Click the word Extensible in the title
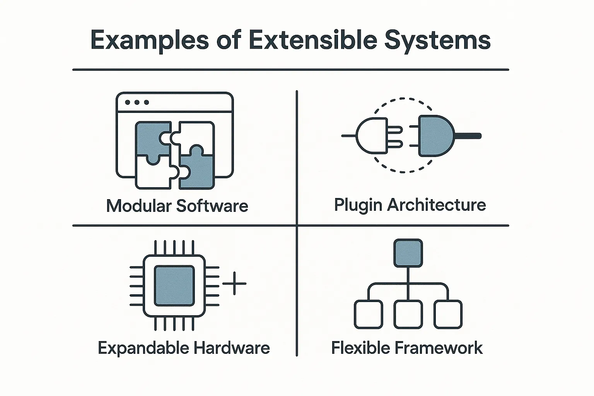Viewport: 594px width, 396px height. coord(313,40)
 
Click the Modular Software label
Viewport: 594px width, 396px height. coord(177,206)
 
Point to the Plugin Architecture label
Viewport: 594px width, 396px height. coord(410,205)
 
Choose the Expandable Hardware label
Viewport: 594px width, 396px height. coord(184,348)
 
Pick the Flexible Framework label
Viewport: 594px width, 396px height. coord(407,348)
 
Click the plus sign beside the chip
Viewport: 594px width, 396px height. coord(234,283)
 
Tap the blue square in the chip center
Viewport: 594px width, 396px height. coord(174,285)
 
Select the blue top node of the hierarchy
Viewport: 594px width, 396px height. coord(408,253)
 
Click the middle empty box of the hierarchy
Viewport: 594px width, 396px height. coord(408,314)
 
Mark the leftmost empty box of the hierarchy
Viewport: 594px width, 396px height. coord(368,314)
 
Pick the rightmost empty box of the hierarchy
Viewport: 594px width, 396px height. coord(448,314)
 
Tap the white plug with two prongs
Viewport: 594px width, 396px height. coord(371,136)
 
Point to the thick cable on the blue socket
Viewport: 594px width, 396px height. coord(468,136)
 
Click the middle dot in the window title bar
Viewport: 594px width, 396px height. coord(137,102)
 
